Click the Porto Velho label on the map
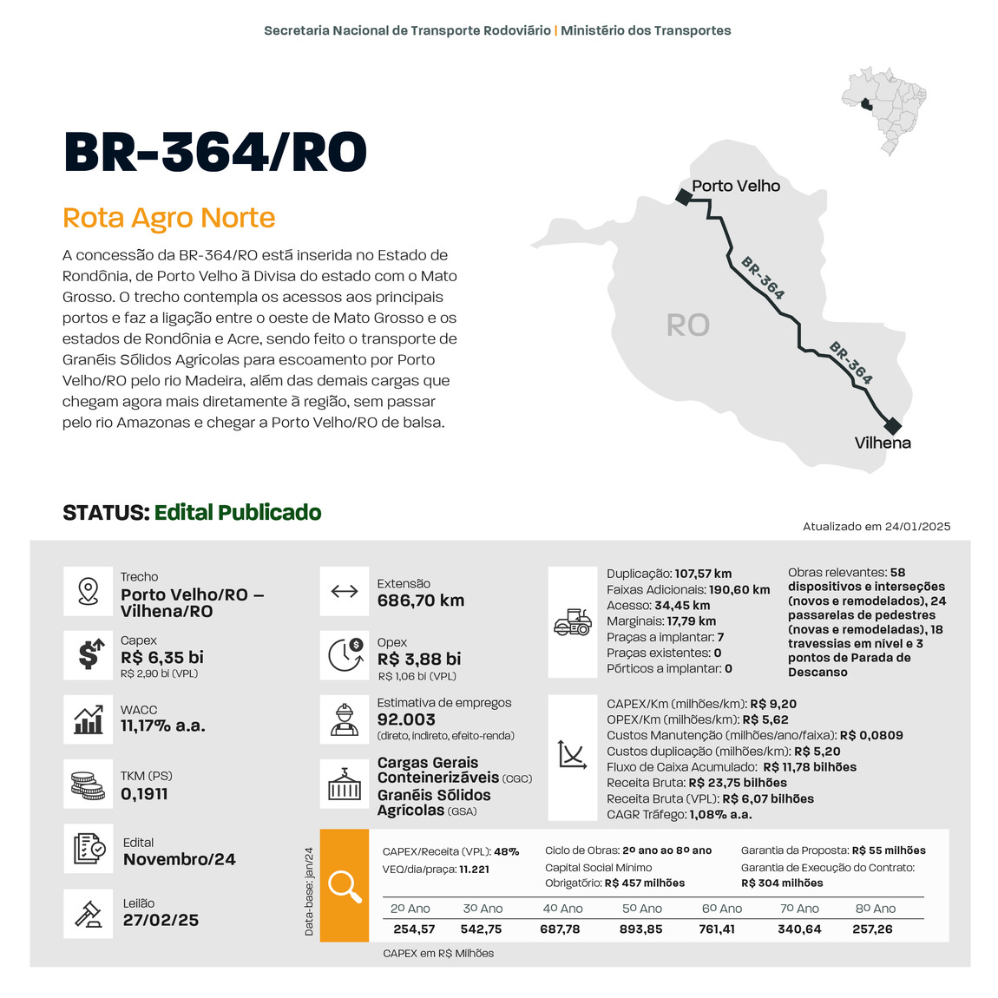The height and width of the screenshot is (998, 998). pos(735,186)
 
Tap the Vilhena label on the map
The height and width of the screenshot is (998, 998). pos(883,443)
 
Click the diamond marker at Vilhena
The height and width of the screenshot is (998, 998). pos(892,426)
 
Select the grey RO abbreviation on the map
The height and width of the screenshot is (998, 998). pos(687,325)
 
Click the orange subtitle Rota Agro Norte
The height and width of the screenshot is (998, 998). pos(168,218)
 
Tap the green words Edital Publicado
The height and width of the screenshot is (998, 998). pos(238,513)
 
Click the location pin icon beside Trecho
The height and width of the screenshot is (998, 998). pos(88,591)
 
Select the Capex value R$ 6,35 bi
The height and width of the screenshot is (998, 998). pos(162,658)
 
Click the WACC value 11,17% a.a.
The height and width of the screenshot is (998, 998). pos(163,726)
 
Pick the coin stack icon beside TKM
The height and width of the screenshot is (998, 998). pos(88,785)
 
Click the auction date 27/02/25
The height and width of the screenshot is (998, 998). pos(161,920)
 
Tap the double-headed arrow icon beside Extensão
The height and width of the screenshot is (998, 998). pos(345,592)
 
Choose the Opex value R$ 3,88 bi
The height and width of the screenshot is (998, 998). pos(419,660)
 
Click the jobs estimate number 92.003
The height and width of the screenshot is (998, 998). pos(406,719)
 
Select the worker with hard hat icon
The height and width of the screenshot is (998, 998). pos(345,719)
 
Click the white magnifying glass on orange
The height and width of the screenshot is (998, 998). pos(345,886)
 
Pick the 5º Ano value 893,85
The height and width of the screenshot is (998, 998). pos(641,929)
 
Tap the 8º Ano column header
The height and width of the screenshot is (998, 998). pos(875,909)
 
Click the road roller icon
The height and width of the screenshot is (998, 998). pos(573,621)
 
